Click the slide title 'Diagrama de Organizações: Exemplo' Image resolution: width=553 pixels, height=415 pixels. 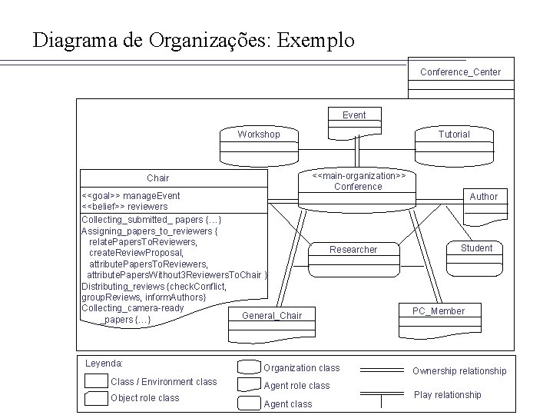(194, 40)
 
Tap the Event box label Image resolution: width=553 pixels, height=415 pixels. (354, 115)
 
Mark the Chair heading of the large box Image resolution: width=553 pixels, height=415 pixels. (158, 178)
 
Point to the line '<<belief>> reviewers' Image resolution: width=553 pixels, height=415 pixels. (124, 207)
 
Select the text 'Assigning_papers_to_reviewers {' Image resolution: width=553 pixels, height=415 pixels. (151, 231)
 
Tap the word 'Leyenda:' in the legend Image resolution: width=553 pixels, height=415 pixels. (104, 363)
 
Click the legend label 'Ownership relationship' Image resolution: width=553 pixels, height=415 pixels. (459, 371)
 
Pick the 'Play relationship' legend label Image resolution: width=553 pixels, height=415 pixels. (448, 395)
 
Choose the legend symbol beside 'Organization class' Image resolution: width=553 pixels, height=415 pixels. (249, 368)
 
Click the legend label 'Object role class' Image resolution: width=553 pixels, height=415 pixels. (144, 398)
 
